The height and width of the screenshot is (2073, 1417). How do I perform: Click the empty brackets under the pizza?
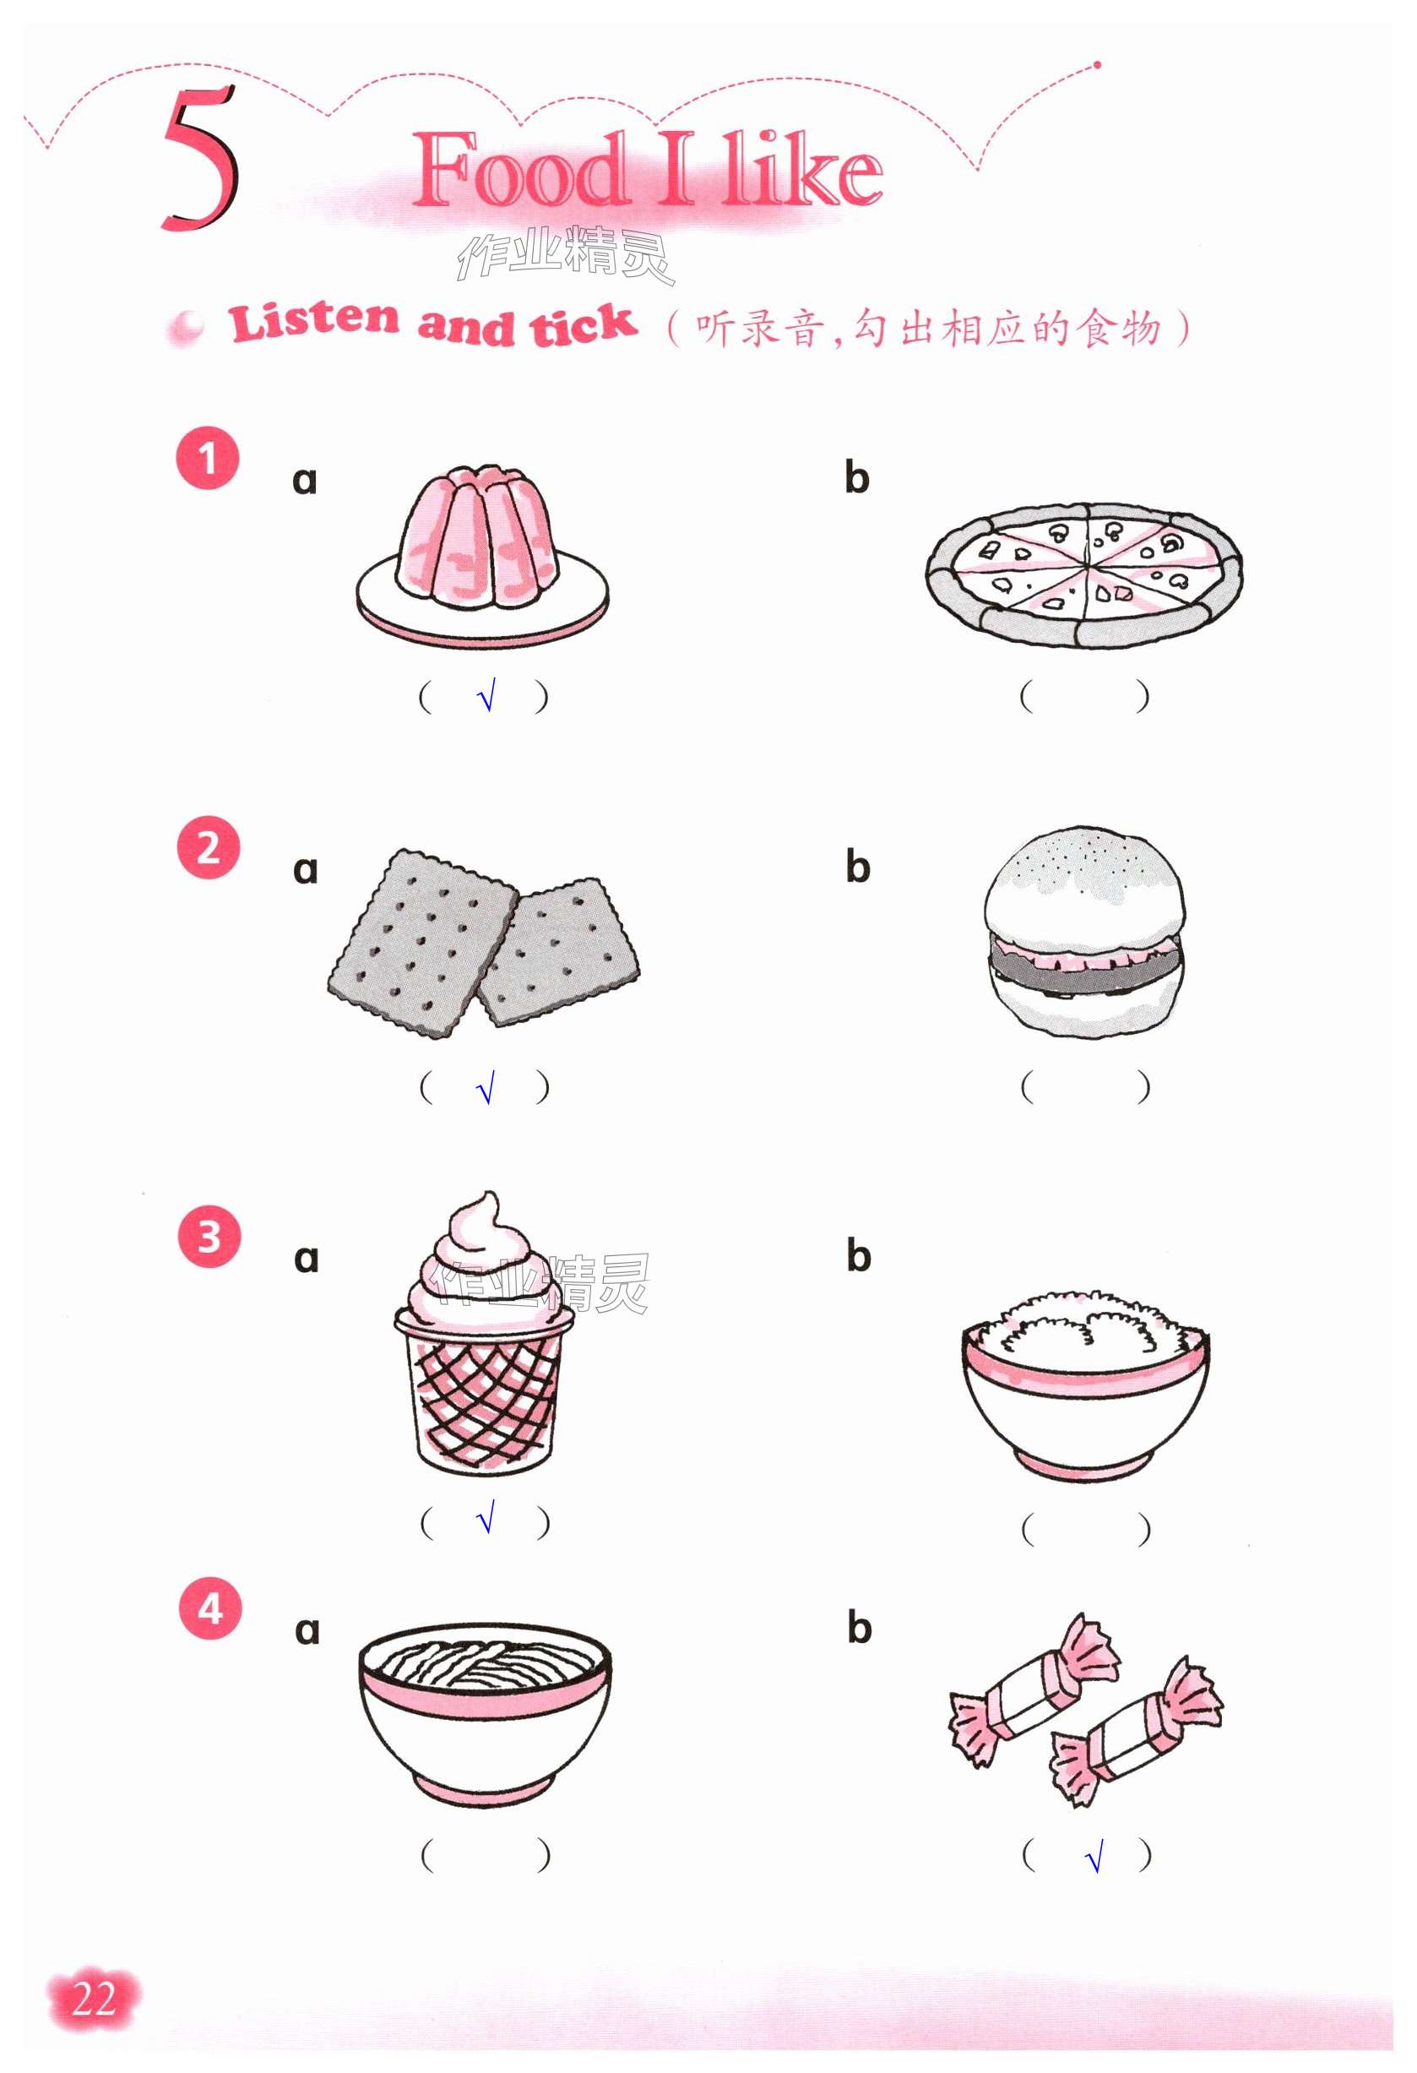(1085, 697)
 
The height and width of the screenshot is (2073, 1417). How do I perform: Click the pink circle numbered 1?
(208, 459)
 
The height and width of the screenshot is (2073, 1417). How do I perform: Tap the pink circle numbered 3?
(209, 1237)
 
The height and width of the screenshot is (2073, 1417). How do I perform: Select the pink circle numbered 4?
(210, 1608)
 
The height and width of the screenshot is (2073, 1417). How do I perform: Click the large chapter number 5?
(200, 159)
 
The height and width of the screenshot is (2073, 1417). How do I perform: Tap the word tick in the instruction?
(584, 324)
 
